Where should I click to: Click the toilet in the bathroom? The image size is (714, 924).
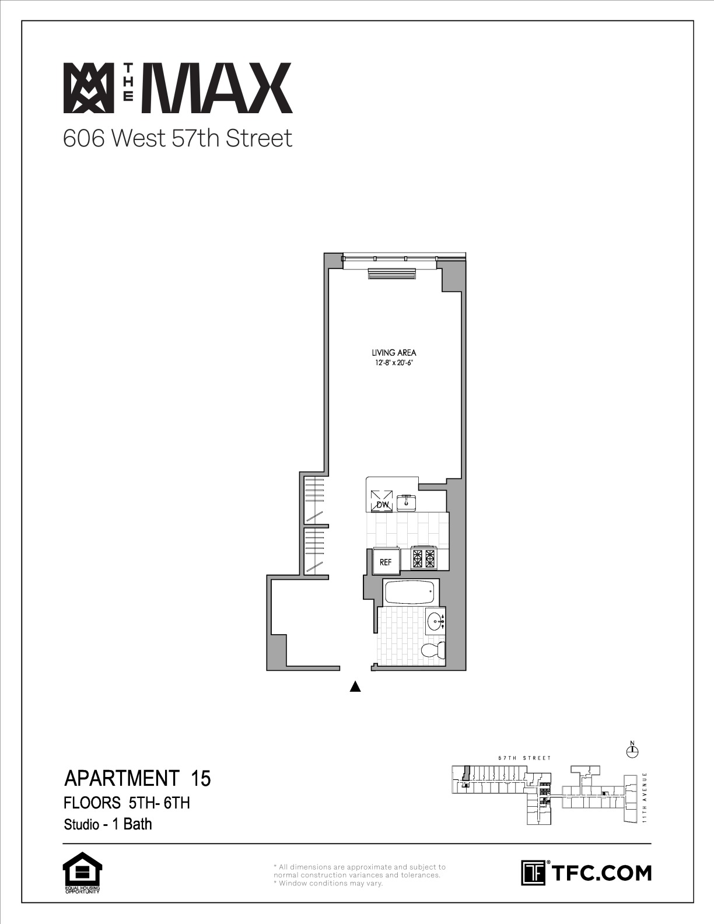(433, 649)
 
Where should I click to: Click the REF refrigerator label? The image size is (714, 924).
(385, 562)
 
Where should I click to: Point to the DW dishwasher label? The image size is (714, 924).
(383, 505)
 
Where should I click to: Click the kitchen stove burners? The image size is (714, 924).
(423, 558)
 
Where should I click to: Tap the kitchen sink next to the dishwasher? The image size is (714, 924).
(407, 503)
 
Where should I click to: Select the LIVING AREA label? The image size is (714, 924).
(394, 352)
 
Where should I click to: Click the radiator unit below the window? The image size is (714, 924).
(391, 274)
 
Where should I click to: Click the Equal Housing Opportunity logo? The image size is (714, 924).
(82, 872)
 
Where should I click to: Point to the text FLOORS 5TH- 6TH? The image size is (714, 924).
(127, 803)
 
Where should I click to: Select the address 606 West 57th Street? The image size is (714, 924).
(178, 138)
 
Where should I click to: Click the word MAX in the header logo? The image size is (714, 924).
(216, 88)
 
